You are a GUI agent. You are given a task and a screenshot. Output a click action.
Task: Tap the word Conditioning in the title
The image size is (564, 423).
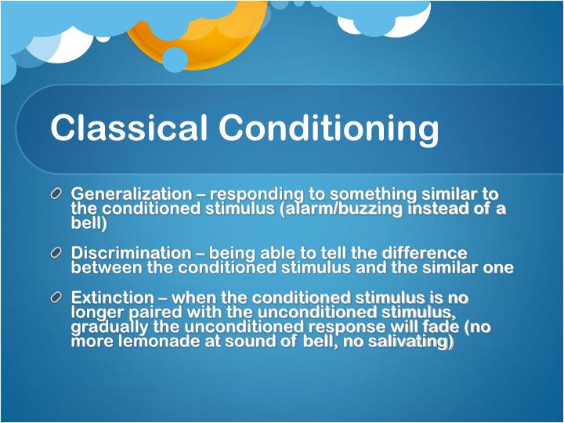(x=328, y=128)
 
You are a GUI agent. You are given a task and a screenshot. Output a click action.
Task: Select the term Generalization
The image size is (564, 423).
(x=131, y=193)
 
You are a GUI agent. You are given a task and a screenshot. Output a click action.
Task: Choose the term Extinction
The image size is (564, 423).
(x=113, y=298)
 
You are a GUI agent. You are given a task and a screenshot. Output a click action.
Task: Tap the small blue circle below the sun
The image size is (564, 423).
(x=175, y=60)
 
